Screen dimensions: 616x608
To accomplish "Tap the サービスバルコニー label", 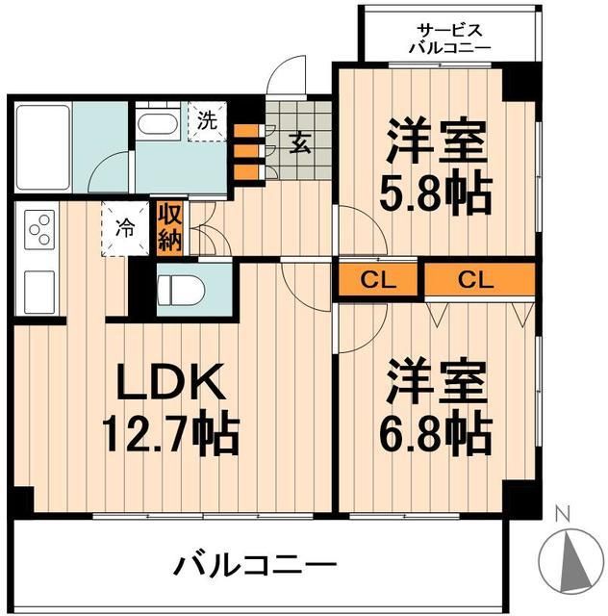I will tap(449, 37).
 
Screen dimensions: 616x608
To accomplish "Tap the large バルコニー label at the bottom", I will tap(255, 562).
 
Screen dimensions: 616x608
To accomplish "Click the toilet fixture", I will tap(182, 288).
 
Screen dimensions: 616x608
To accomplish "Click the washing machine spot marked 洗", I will tap(207, 122).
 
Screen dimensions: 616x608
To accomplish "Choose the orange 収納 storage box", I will tap(169, 227).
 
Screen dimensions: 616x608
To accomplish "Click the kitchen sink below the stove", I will tap(38, 288).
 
